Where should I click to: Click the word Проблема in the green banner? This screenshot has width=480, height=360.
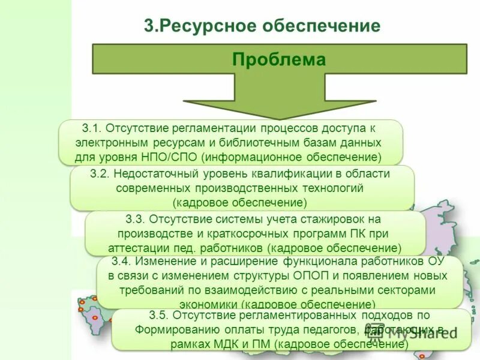coord(279,60)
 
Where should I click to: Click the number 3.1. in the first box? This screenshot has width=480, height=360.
coord(93,129)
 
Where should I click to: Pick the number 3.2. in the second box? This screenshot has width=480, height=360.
coord(100,174)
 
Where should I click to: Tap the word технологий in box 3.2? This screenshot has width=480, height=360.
coord(332,188)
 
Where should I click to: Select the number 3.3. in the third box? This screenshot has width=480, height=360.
coord(136,219)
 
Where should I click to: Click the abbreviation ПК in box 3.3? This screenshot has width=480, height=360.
coord(349,233)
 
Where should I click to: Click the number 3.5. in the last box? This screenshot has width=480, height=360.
coord(160,315)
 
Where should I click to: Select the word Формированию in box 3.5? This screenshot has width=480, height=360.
coord(170,329)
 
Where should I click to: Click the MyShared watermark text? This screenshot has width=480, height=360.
coord(420,333)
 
